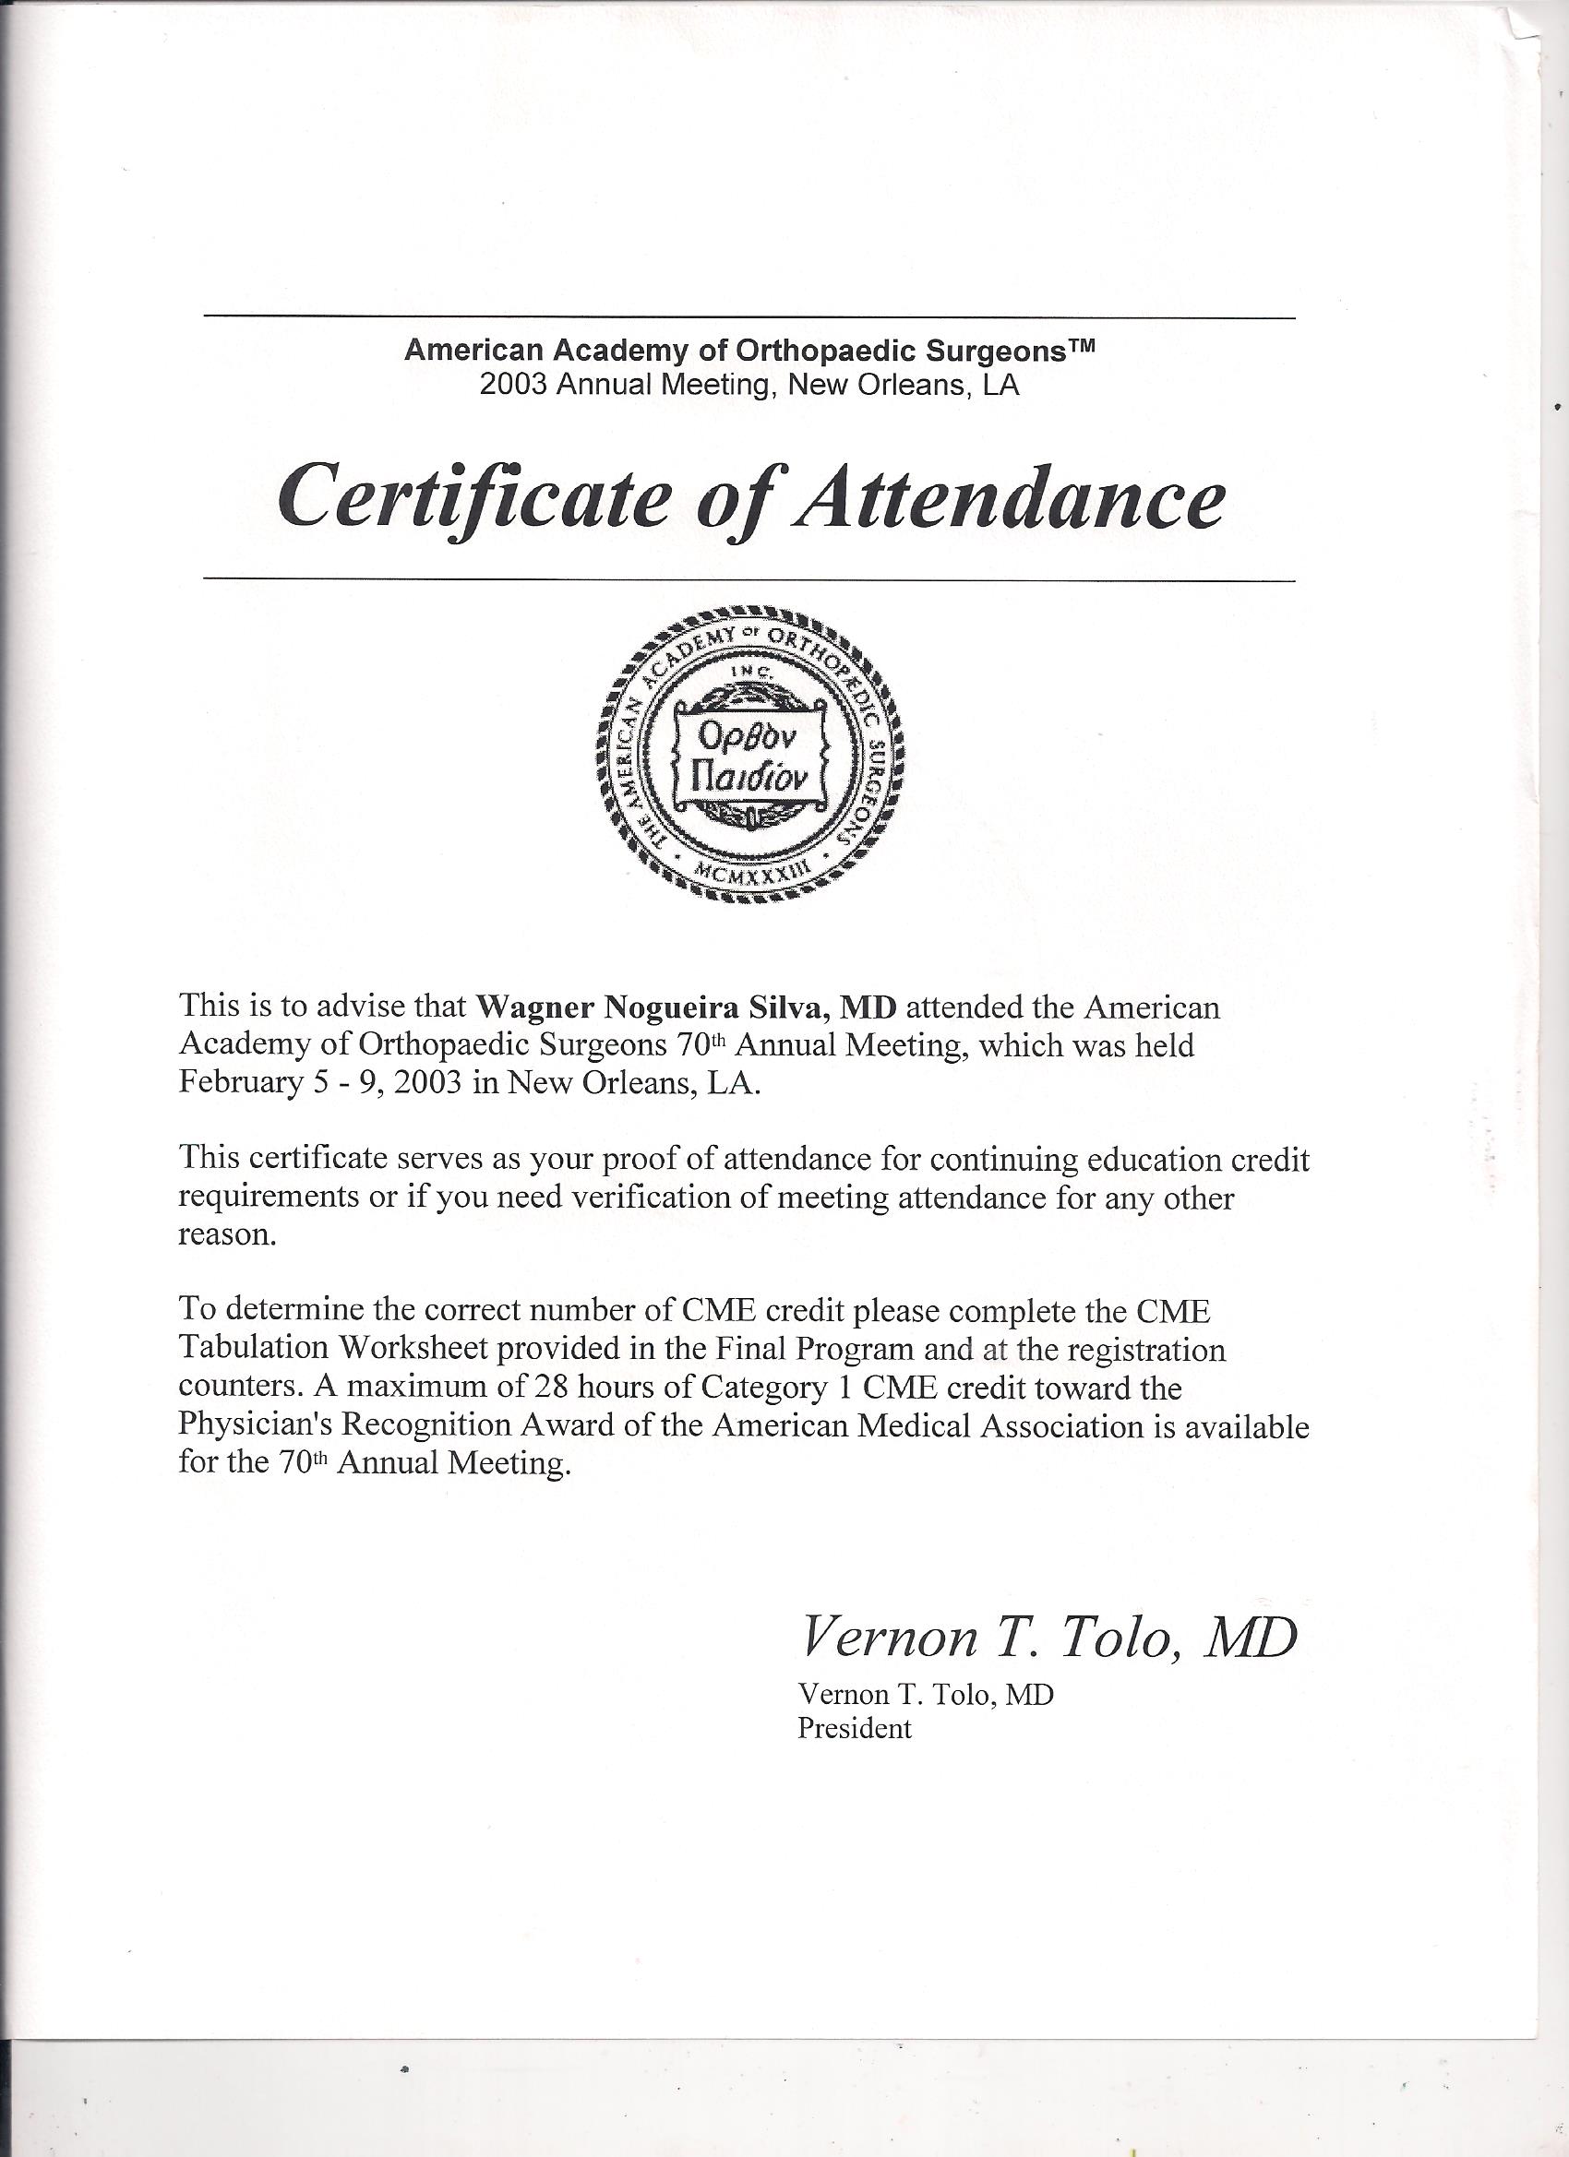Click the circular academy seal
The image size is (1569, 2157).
tap(750, 752)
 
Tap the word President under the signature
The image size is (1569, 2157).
tap(854, 1727)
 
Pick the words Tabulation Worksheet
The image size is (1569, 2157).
tap(332, 1351)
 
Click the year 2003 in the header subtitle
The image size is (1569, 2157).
tap(515, 386)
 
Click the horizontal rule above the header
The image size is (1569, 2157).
tap(749, 316)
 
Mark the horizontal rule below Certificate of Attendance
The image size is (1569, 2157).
tap(749, 578)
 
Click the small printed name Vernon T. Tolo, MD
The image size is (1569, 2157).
tap(925, 1694)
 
